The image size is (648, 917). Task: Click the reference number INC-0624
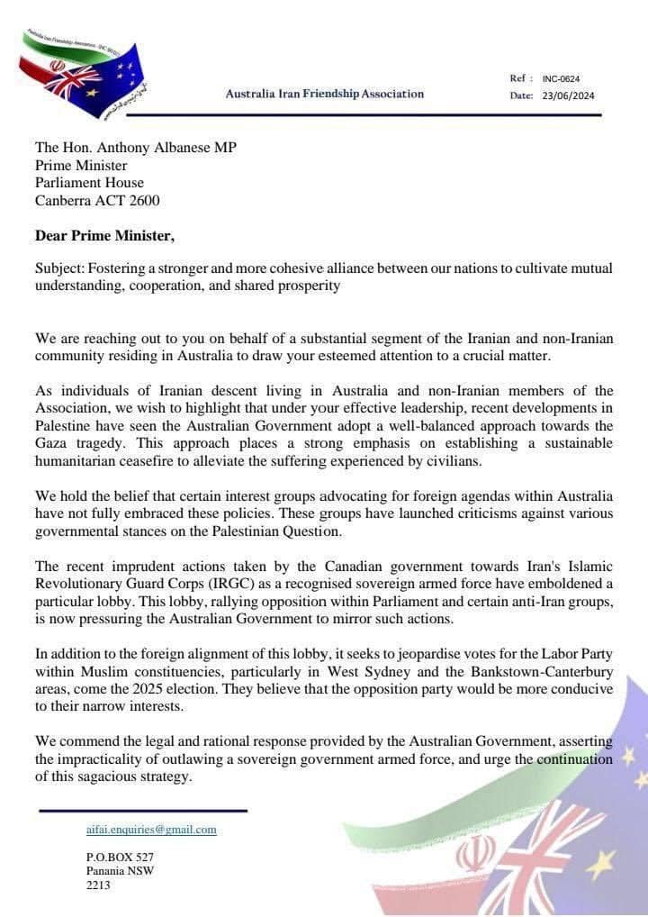(561, 78)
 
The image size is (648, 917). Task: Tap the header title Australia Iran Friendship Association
(324, 94)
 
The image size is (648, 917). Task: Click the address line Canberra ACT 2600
(97, 201)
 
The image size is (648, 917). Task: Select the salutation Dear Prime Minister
(104, 236)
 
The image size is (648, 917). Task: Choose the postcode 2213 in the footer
(98, 885)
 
